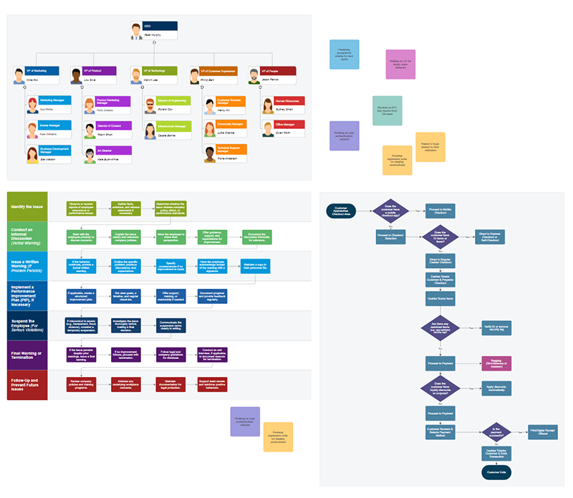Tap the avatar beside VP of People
pos(254,75)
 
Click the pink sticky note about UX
pos(400,64)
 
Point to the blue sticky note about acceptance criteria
pos(344,54)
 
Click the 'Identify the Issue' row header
pos(27,206)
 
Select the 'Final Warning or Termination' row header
pos(27,355)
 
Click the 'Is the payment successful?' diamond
pos(496,431)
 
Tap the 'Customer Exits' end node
pos(496,472)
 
